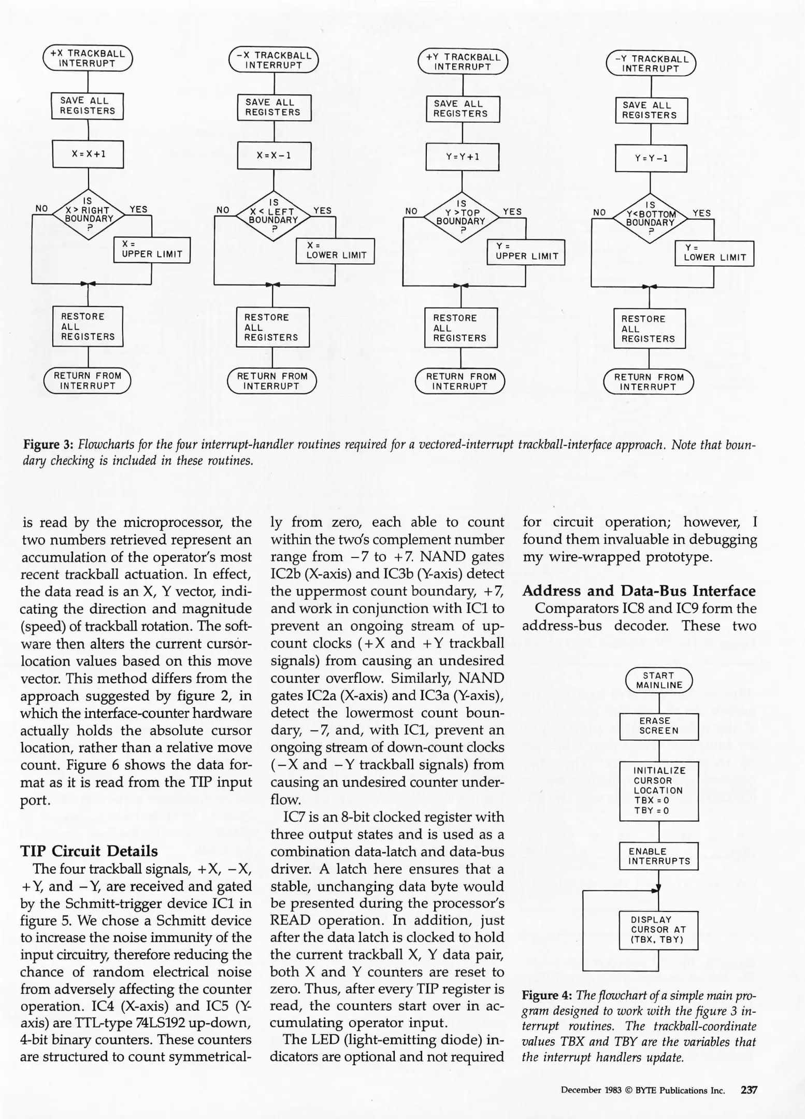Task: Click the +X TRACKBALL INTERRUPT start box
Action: tap(88, 58)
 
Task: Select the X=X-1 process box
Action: tap(274, 155)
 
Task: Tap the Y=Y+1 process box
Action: tap(462, 157)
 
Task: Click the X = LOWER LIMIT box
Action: tap(336, 251)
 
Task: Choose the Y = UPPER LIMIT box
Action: tap(526, 252)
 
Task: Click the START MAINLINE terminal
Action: tap(658, 680)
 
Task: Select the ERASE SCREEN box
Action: tap(658, 726)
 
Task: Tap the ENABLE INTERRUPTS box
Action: tap(658, 856)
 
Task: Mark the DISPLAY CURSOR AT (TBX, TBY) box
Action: tap(658, 930)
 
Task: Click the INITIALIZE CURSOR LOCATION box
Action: tap(658, 791)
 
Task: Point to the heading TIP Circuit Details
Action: tap(89, 851)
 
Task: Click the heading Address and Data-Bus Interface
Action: tap(639, 591)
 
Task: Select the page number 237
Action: tap(749, 1090)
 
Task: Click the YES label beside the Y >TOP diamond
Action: tap(512, 211)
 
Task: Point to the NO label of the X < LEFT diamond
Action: tap(223, 210)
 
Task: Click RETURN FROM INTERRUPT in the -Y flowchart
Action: tap(649, 382)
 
